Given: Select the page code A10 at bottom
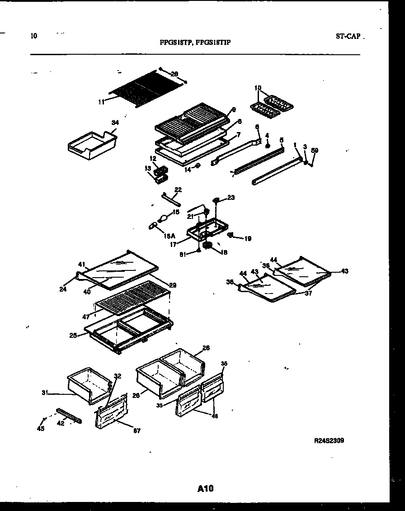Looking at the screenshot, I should (205, 488).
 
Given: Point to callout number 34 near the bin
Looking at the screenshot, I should (115, 122).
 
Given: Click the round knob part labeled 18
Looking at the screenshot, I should (209, 245).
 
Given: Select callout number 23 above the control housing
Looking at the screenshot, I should (231, 198).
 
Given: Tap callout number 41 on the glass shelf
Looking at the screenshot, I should (81, 264).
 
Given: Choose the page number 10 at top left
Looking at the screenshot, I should (34, 36).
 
